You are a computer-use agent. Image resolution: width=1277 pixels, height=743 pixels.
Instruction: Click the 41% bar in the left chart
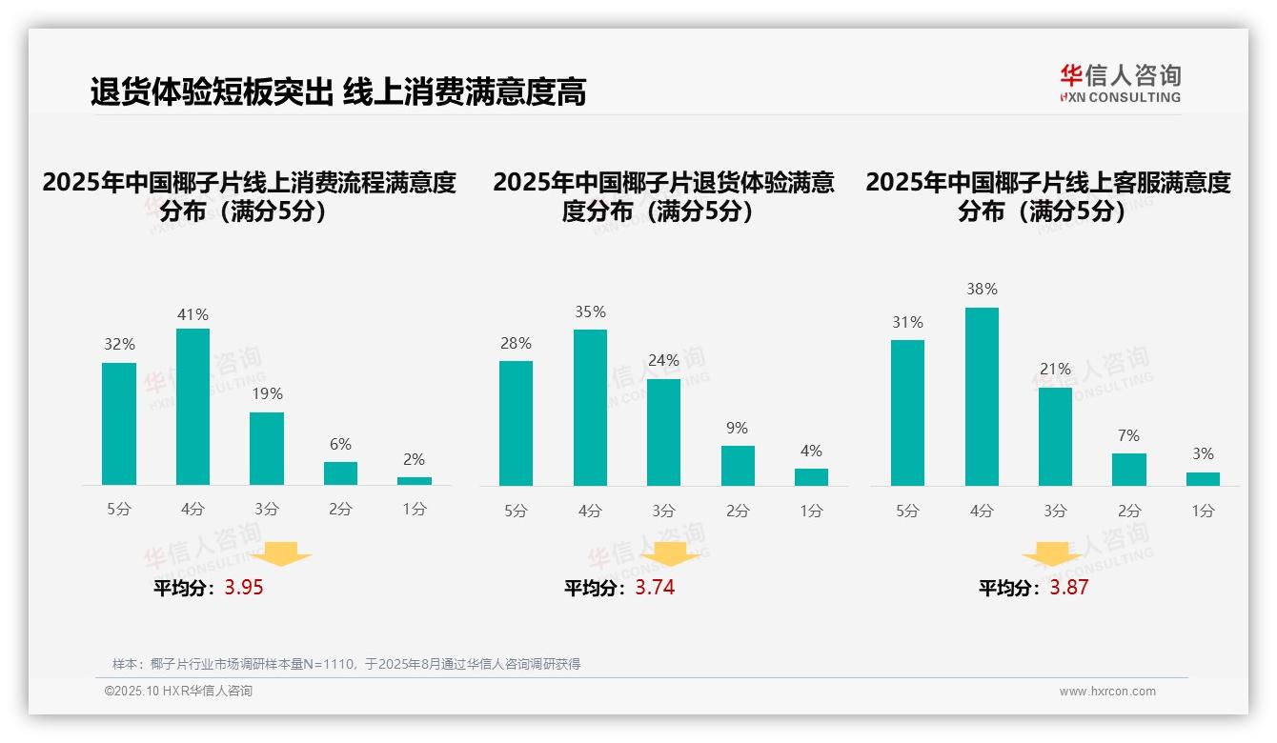[x=193, y=407]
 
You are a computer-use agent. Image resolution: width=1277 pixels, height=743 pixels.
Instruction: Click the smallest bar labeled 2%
[x=415, y=481]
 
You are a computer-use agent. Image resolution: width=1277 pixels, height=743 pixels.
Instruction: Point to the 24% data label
[x=663, y=360]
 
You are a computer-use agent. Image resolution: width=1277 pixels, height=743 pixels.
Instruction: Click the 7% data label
[x=1128, y=435]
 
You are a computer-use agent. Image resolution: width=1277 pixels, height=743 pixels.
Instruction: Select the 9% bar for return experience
[x=738, y=466]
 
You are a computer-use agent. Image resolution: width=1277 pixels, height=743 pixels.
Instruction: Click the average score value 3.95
[x=244, y=588]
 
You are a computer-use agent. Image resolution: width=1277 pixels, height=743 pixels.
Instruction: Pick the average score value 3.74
[x=655, y=588]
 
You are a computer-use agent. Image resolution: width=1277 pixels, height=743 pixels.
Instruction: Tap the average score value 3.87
[x=1068, y=588]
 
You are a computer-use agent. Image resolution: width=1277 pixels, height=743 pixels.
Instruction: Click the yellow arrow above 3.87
[x=1052, y=555]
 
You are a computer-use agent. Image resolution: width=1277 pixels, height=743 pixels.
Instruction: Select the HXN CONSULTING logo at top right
[x=1120, y=83]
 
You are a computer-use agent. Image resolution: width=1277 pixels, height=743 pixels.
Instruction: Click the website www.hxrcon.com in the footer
[x=1106, y=692]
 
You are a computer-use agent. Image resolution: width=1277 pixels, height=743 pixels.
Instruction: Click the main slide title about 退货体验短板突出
[x=337, y=91]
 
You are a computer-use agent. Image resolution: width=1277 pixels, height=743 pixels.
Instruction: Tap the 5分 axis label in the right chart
[x=907, y=511]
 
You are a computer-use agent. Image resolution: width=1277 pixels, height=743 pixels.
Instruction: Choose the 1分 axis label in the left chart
[x=415, y=510]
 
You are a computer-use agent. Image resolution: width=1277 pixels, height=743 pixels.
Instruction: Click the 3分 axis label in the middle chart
[x=663, y=511]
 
